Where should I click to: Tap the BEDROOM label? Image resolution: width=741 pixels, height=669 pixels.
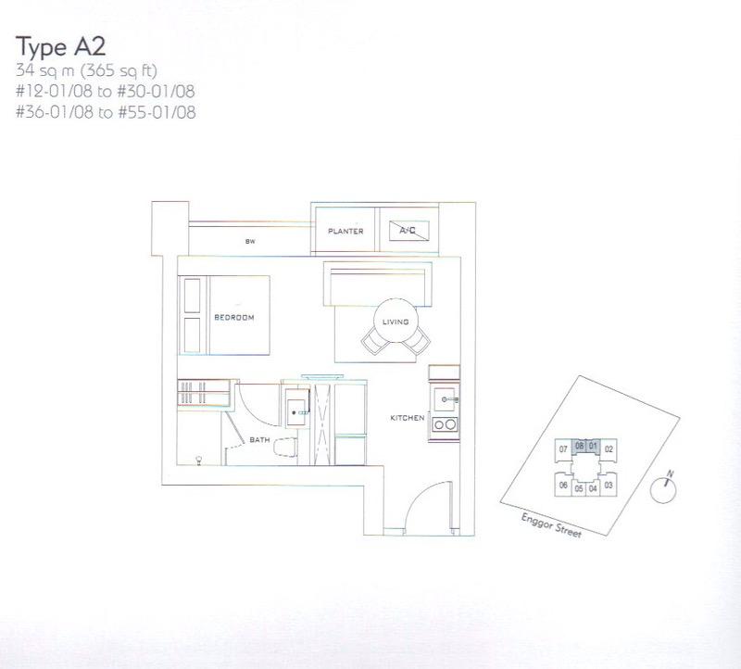[233, 317]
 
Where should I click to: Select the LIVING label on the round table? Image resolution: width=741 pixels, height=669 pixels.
[395, 322]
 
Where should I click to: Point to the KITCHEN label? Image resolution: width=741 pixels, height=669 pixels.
[408, 418]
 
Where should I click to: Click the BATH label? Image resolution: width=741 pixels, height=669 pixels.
[259, 440]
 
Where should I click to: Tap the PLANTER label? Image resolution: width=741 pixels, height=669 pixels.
[345, 231]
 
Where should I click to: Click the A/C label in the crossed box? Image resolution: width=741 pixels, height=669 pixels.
[405, 230]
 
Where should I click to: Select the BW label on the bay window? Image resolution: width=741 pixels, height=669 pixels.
[250, 242]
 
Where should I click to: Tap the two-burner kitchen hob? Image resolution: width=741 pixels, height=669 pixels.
[446, 425]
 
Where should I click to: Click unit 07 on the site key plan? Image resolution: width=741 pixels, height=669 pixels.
[562, 449]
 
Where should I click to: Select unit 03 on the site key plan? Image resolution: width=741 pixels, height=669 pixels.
[609, 485]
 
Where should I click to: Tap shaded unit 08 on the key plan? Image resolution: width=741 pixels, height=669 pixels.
[579, 446]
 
